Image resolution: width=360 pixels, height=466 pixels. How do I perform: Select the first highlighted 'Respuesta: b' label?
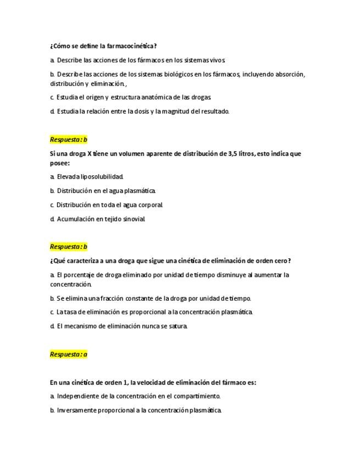coord(69,140)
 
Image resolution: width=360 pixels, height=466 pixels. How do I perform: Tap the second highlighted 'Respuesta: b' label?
coord(69,247)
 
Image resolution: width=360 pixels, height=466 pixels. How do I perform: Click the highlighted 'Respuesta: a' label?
coord(69,354)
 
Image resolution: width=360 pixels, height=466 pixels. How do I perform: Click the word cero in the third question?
coord(279,260)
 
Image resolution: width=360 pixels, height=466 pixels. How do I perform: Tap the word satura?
coord(179,326)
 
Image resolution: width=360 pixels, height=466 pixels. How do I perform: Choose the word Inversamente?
coord(79,410)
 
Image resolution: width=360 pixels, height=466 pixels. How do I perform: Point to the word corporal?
coord(149,205)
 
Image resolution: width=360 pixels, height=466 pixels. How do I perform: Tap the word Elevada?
coord(68,177)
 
